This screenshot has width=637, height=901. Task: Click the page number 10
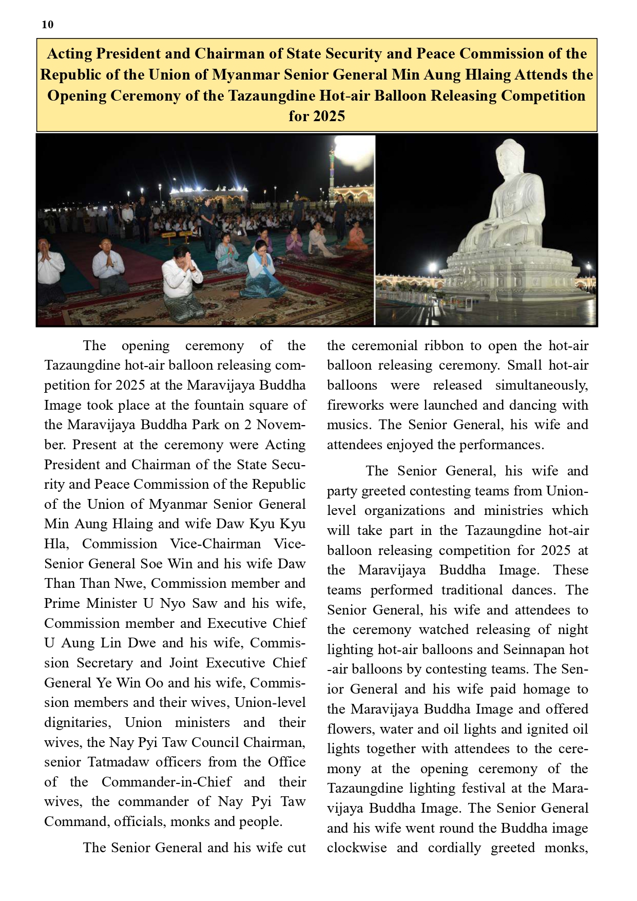point(47,25)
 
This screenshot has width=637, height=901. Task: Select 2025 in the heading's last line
point(329,117)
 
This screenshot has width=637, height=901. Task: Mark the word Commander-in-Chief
point(166,782)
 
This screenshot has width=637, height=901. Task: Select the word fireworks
point(356,405)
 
